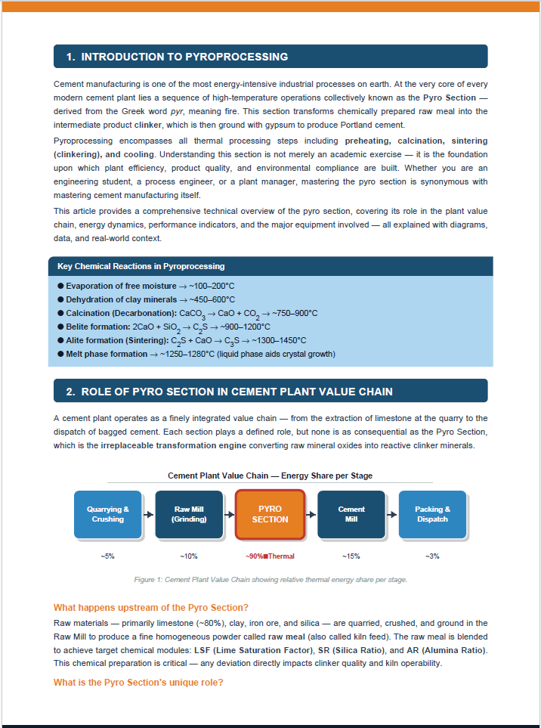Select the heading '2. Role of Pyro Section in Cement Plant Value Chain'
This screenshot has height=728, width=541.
pyautogui.click(x=229, y=391)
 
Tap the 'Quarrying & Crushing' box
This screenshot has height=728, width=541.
pyautogui.click(x=108, y=514)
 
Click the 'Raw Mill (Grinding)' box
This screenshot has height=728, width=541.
pyautogui.click(x=189, y=514)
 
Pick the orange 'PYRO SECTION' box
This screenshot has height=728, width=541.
pyautogui.click(x=270, y=514)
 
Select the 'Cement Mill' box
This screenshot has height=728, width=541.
pyautogui.click(x=351, y=514)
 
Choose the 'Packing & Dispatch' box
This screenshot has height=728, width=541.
pyautogui.click(x=432, y=514)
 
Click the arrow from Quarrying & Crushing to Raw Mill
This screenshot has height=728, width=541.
pyautogui.click(x=148, y=514)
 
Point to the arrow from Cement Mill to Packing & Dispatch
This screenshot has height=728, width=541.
pyautogui.click(x=391, y=514)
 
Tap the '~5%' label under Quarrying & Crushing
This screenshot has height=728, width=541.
pyautogui.click(x=107, y=556)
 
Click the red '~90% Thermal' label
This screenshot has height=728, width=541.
pyautogui.click(x=270, y=556)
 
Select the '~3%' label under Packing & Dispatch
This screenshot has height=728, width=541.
pyautogui.click(x=432, y=556)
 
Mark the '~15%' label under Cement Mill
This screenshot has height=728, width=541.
pyautogui.click(x=351, y=556)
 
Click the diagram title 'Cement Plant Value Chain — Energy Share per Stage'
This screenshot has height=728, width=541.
pyautogui.click(x=270, y=476)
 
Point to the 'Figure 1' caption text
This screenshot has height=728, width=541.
pyautogui.click(x=270, y=580)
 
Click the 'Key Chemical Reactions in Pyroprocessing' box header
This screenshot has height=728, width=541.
pyautogui.click(x=141, y=266)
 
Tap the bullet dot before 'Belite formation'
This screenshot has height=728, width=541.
pyautogui.click(x=60, y=327)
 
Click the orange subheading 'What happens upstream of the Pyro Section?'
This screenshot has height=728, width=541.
pyautogui.click(x=151, y=608)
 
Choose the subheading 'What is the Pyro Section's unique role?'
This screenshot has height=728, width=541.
pyautogui.click(x=138, y=683)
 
